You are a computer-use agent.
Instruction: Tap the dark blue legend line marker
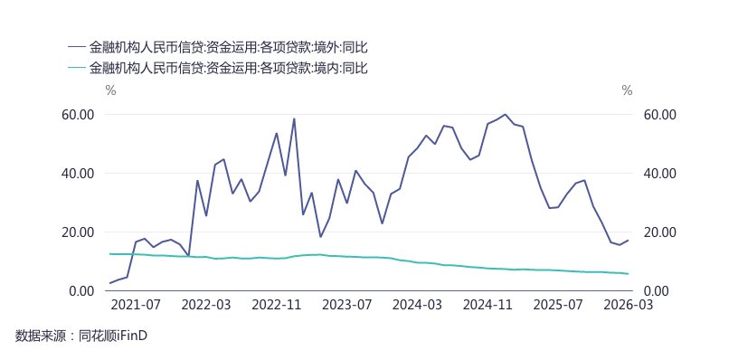(77, 46)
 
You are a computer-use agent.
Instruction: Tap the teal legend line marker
(77, 67)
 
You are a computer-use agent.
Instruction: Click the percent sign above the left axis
(110, 90)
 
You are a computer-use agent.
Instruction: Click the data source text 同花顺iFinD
(114, 336)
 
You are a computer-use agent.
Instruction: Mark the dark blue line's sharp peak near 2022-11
(294, 118)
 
